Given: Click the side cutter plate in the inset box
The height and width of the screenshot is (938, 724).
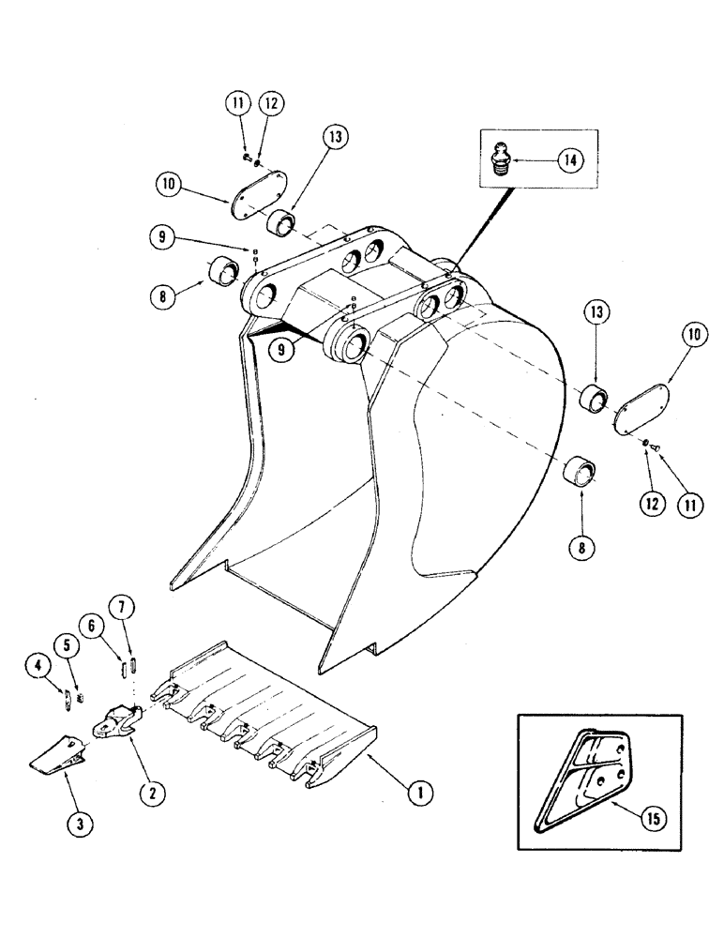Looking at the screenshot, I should [579, 758].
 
